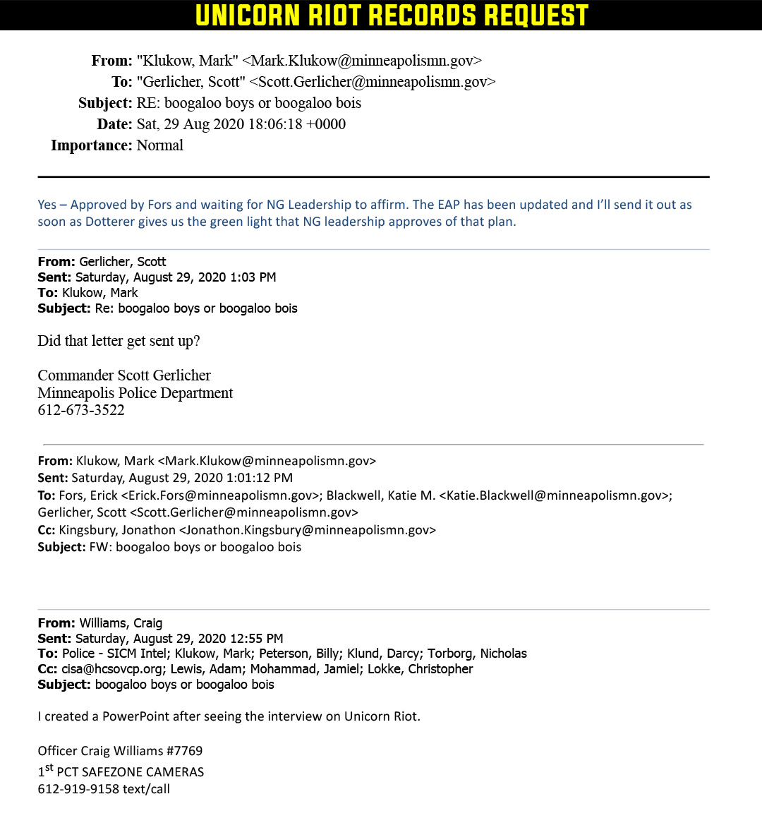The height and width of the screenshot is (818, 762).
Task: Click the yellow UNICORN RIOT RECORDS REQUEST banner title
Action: pyautogui.click(x=392, y=16)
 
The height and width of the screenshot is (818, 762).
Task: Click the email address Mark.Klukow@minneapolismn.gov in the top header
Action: pyautogui.click(x=362, y=61)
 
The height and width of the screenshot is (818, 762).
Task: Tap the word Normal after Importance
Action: pyautogui.click(x=160, y=145)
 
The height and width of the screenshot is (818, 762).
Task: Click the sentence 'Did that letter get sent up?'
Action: pyautogui.click(x=119, y=341)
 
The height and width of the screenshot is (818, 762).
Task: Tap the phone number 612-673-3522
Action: pyautogui.click(x=81, y=410)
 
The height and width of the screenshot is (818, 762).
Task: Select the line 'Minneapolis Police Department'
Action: pyautogui.click(x=135, y=393)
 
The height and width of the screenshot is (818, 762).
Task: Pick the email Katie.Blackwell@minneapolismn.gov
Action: pyautogui.click(x=555, y=495)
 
